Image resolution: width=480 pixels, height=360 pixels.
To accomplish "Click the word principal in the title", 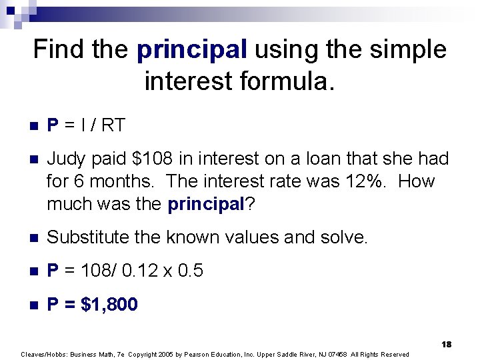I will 192,50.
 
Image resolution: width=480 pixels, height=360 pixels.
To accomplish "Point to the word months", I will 118,181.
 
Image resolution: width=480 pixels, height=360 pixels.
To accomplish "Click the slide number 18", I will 446,344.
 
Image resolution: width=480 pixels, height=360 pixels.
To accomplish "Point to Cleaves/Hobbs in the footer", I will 41,354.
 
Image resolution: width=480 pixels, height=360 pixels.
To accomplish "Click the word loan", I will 318,159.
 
